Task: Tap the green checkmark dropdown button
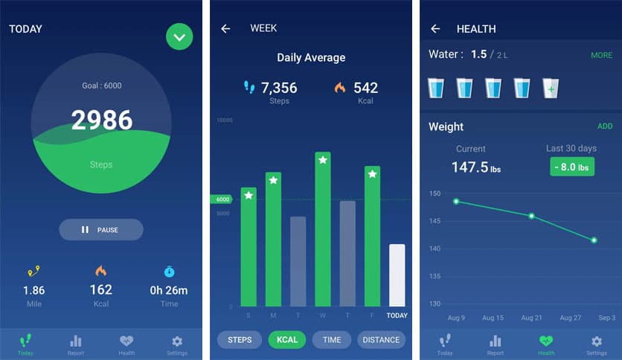(x=179, y=36)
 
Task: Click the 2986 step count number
(x=101, y=120)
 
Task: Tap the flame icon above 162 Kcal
(x=101, y=271)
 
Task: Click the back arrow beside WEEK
(x=225, y=29)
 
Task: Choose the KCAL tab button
(x=287, y=340)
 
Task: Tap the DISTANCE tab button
(x=381, y=340)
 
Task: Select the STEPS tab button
(x=240, y=340)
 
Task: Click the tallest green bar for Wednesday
(x=323, y=231)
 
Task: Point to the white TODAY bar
(x=397, y=275)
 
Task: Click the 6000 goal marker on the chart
(x=222, y=199)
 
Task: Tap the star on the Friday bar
(x=373, y=174)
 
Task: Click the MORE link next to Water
(x=601, y=56)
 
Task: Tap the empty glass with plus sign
(x=551, y=89)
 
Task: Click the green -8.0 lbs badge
(x=572, y=167)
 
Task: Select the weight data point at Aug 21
(x=531, y=216)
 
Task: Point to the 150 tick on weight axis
(x=435, y=193)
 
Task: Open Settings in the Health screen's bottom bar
(x=596, y=345)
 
